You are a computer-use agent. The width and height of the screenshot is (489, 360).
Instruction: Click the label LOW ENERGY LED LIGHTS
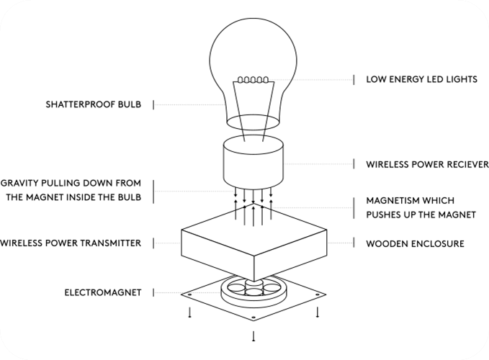click(x=421, y=79)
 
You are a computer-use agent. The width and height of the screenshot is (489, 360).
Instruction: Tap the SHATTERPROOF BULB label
click(x=94, y=104)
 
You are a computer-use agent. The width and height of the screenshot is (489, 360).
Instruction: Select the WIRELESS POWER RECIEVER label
click(x=427, y=165)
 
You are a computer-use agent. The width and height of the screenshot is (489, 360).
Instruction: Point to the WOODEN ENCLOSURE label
click(x=415, y=244)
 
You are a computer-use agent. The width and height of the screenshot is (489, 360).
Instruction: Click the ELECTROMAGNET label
click(x=103, y=292)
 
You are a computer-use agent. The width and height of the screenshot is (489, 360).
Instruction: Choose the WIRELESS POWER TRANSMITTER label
click(x=71, y=243)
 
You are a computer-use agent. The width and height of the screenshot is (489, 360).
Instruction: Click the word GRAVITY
click(x=19, y=183)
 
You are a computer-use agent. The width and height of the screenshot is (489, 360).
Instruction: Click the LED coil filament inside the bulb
click(x=253, y=80)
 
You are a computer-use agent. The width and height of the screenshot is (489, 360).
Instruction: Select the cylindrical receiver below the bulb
click(x=254, y=162)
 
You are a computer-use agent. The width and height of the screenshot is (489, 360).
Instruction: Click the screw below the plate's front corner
click(x=254, y=337)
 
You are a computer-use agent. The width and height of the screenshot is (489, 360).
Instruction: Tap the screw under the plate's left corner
click(x=189, y=312)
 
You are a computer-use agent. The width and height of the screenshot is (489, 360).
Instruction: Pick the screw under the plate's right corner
click(x=318, y=312)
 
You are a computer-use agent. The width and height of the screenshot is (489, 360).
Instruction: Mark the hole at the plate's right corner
click(x=318, y=294)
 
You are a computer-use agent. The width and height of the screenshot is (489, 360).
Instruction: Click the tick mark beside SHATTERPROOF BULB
click(x=153, y=104)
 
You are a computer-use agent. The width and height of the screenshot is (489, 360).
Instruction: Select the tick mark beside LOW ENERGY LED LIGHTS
click(x=354, y=80)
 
